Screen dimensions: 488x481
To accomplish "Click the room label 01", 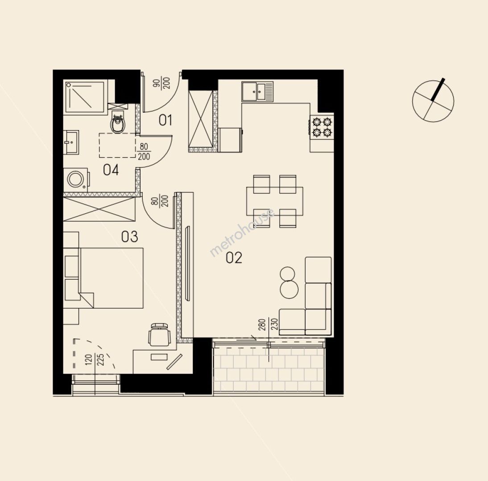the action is (165, 120).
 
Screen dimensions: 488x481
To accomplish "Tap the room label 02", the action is (234, 257).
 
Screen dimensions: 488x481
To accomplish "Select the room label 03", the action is (129, 237).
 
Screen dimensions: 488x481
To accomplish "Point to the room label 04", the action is (111, 170).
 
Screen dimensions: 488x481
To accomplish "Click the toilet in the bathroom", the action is (118, 122).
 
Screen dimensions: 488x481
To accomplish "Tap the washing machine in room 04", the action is (76, 179).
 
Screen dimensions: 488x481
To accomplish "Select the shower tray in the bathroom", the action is (85, 97).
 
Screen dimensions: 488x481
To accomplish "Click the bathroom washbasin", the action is (71, 143).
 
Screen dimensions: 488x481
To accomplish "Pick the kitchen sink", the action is (257, 91).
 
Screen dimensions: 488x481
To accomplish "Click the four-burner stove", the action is (322, 127).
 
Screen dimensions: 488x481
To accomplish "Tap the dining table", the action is (274, 201).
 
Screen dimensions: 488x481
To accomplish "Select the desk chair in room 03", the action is (159, 334).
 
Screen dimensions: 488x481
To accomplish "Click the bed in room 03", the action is (103, 278).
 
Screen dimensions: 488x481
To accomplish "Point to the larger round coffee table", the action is (289, 289).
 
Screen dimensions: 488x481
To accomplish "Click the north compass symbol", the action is (433, 100).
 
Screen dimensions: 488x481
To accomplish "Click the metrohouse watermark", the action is (242, 232).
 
